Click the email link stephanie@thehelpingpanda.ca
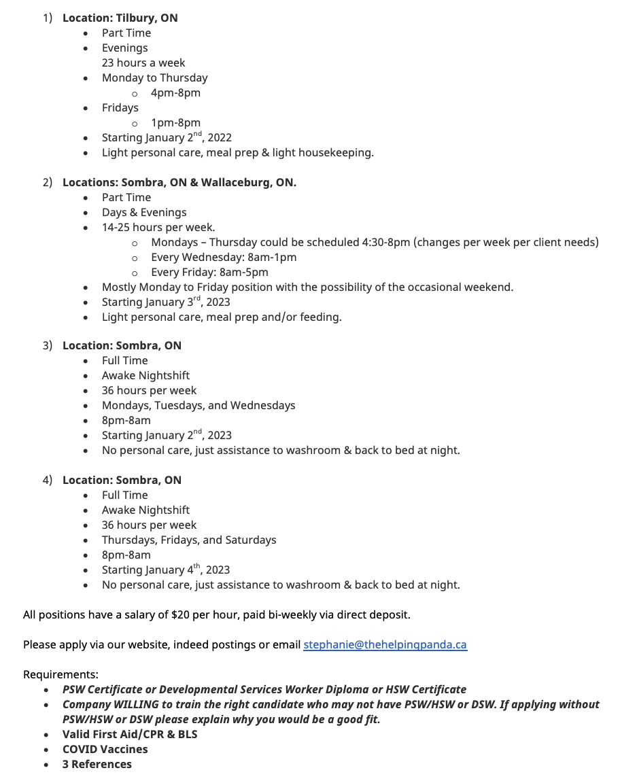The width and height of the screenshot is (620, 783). click(385, 644)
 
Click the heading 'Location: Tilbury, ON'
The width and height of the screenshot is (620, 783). click(120, 18)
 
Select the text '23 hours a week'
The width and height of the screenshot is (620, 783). click(143, 63)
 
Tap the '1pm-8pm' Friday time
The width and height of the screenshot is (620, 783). click(175, 123)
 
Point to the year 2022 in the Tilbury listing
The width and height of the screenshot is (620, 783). click(220, 138)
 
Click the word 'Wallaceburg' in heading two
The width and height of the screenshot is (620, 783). click(235, 183)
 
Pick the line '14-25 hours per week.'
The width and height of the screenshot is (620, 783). click(158, 228)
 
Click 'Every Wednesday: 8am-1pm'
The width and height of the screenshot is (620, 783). click(224, 258)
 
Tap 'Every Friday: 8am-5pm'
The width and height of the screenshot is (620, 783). click(209, 273)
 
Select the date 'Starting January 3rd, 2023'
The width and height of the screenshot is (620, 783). click(166, 302)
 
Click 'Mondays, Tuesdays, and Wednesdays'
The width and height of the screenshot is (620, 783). click(199, 406)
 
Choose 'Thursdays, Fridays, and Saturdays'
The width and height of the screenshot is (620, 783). click(189, 540)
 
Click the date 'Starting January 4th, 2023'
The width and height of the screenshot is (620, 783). click(166, 570)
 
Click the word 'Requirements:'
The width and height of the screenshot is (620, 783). click(61, 674)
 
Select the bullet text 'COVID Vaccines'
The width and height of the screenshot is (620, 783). click(105, 749)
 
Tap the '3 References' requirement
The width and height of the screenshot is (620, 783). click(97, 764)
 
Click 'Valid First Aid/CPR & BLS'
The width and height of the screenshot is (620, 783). click(130, 734)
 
